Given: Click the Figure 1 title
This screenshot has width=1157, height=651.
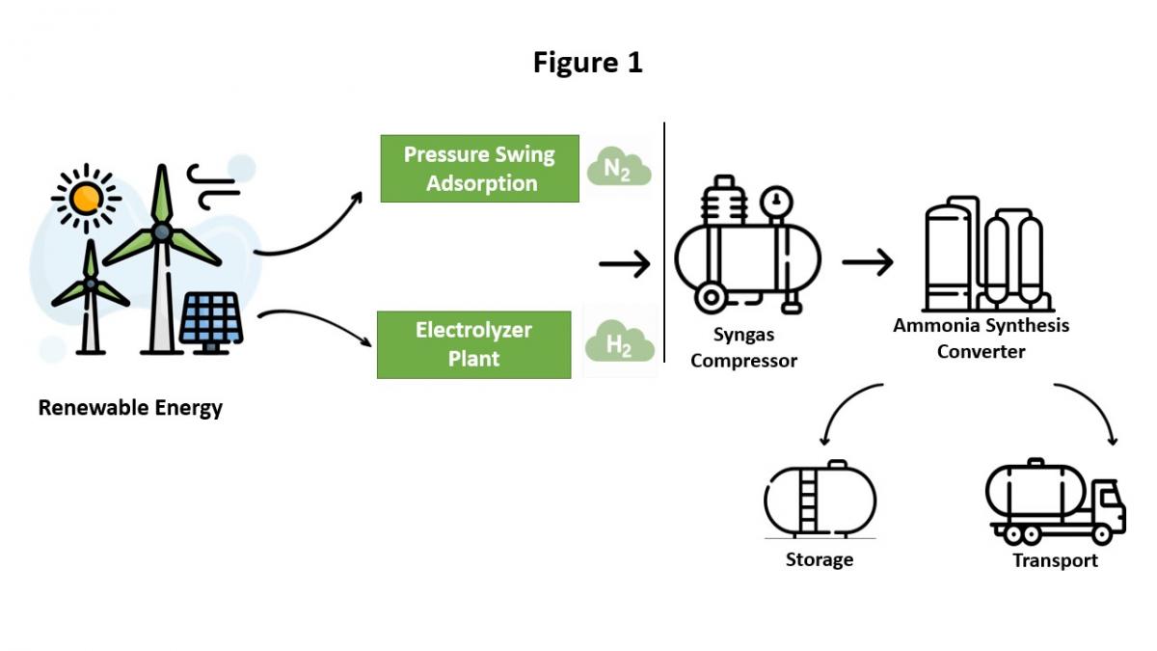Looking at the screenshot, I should pos(587,64).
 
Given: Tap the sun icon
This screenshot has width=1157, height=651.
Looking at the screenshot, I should pos(87,198).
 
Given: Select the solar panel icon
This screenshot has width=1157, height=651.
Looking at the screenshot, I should pos(211,318).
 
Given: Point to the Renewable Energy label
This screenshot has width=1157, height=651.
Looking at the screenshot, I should pos(130,408).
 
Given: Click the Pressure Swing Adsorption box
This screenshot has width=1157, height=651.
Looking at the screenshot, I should pos(479,169).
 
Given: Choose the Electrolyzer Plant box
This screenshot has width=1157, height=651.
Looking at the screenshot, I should pos(473,344).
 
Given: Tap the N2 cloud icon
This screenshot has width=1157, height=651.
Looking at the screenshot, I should pos(619,169).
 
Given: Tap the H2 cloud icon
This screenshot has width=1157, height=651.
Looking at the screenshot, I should pos(620,344).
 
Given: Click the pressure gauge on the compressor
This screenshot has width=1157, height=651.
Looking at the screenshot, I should pos(773,203).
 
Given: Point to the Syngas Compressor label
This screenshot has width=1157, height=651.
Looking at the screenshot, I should pos(743,348).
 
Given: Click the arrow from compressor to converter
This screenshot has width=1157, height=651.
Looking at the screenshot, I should pos(867,262).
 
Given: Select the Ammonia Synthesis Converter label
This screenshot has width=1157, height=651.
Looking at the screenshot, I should pos(981,339).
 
